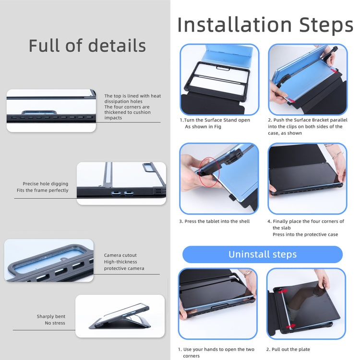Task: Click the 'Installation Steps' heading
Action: (x=265, y=25)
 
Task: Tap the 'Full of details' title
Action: (x=87, y=46)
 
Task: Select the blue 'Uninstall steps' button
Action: (x=262, y=254)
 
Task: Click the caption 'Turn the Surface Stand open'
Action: (x=215, y=120)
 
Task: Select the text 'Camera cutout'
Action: (x=120, y=255)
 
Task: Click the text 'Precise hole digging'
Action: (x=46, y=184)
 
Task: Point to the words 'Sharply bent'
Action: (x=51, y=316)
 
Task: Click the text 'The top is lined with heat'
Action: (x=132, y=96)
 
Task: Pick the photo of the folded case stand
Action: (x=120, y=316)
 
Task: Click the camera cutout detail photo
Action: (x=49, y=261)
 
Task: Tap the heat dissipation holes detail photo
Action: (x=51, y=111)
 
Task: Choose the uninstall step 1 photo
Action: (x=218, y=303)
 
